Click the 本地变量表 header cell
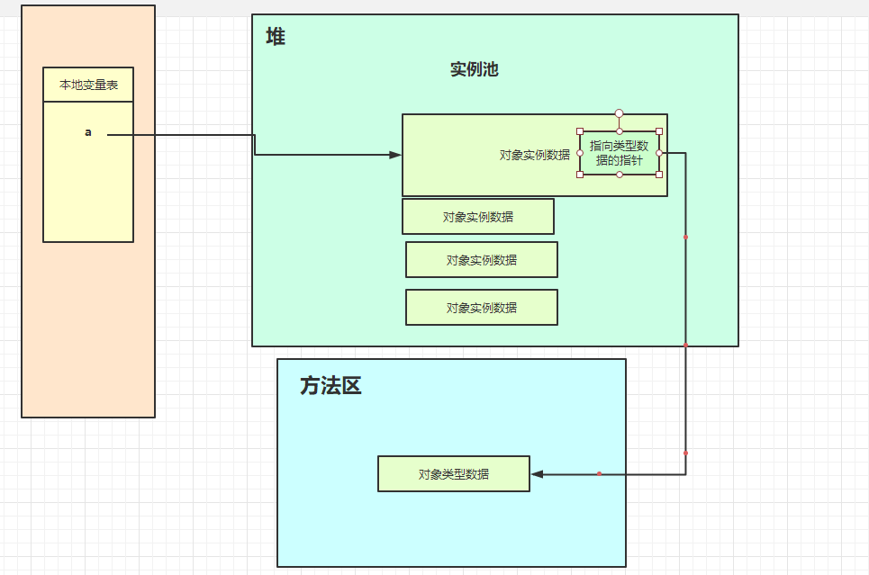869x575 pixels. click(88, 85)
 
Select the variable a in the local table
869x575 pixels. click(88, 133)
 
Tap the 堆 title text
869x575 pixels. click(276, 38)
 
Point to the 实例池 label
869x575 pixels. click(475, 70)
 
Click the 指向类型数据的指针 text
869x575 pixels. click(619, 153)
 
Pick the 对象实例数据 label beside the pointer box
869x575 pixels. click(535, 155)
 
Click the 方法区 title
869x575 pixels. click(330, 387)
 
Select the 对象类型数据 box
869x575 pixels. click(454, 474)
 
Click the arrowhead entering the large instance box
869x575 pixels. click(395, 155)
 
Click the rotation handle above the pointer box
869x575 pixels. click(620, 114)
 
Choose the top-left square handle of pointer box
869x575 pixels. click(580, 131)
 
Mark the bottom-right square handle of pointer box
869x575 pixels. click(659, 175)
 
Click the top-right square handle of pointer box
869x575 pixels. click(659, 131)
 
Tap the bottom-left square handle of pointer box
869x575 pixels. click(580, 175)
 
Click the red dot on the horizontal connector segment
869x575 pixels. click(599, 474)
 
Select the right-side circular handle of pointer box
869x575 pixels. click(659, 153)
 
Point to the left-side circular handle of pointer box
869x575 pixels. click(580, 153)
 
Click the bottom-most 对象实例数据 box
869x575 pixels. click(482, 308)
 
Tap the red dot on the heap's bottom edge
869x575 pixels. click(686, 346)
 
